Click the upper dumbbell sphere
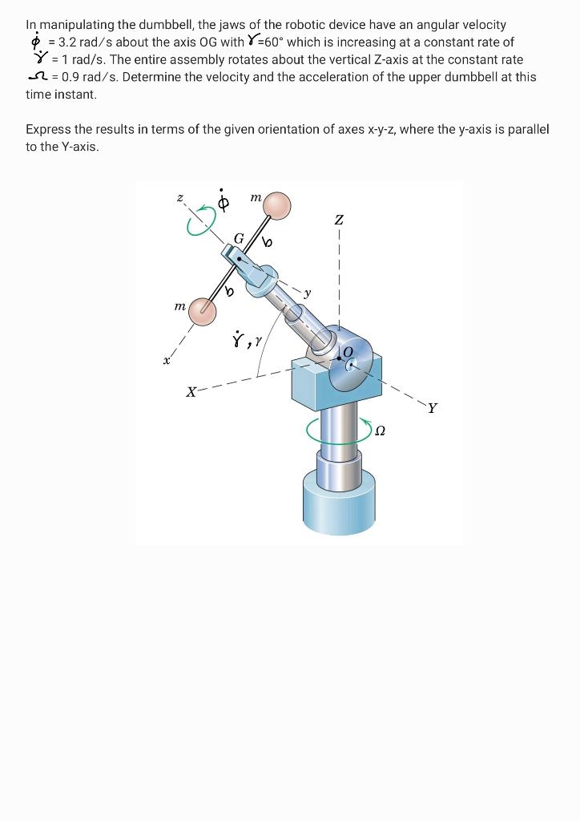[x=277, y=206]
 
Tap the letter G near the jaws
[x=238, y=238]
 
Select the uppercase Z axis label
[x=340, y=219]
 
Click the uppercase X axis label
[x=191, y=392]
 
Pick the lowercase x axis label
[x=167, y=362]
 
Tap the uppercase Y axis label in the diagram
[x=433, y=408]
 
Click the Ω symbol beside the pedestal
[x=381, y=431]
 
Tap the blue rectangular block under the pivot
[x=316, y=383]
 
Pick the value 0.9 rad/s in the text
[x=89, y=77]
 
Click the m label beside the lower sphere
[x=180, y=306]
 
